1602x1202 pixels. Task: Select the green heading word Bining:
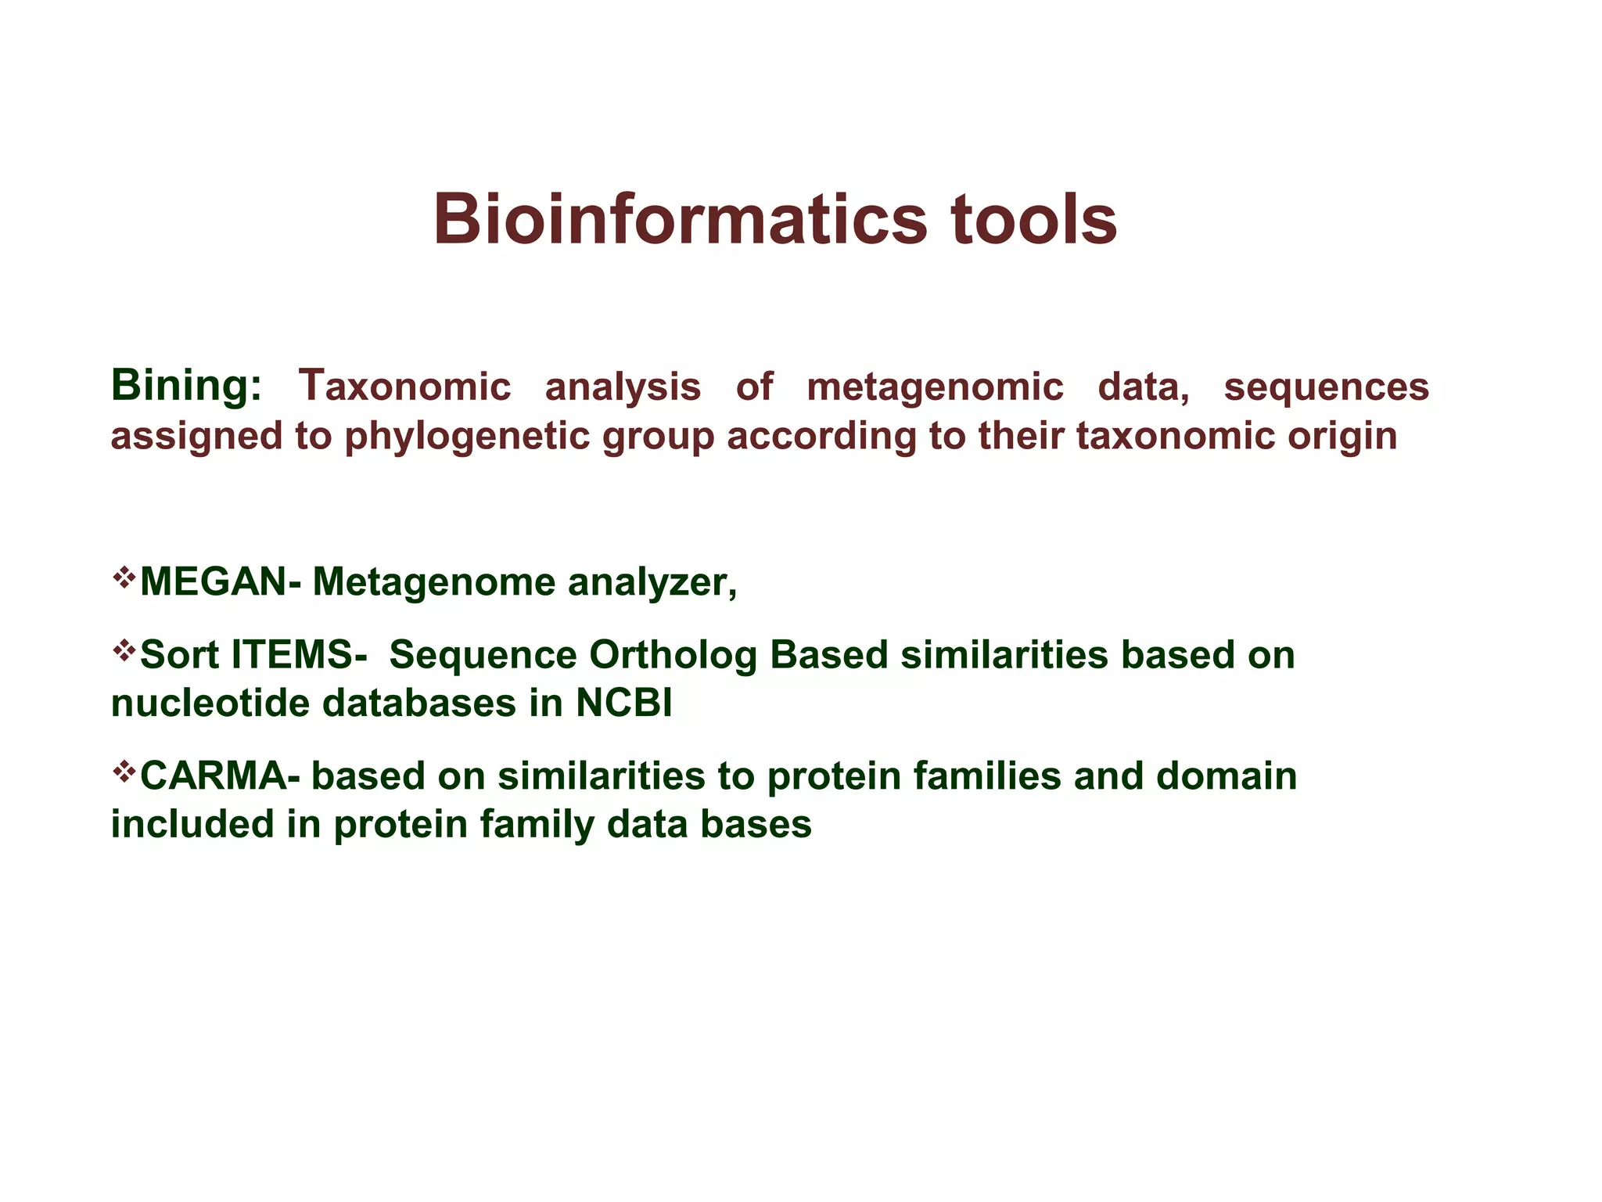186,387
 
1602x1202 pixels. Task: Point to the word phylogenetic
472,437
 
